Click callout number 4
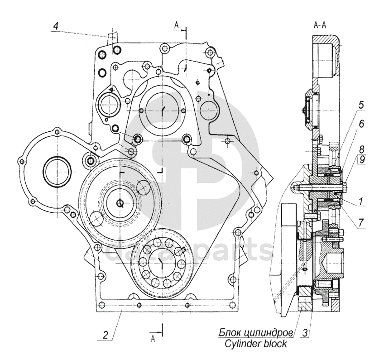(56, 26)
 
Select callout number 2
(106, 335)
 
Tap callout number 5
(360, 105)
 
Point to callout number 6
(361, 124)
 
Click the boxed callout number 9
(362, 160)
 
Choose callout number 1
(360, 201)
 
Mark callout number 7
(361, 223)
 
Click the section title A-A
(320, 25)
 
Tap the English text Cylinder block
(255, 344)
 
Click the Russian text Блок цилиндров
(256, 333)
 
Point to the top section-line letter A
(177, 25)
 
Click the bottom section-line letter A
(153, 339)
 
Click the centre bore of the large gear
(120, 203)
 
